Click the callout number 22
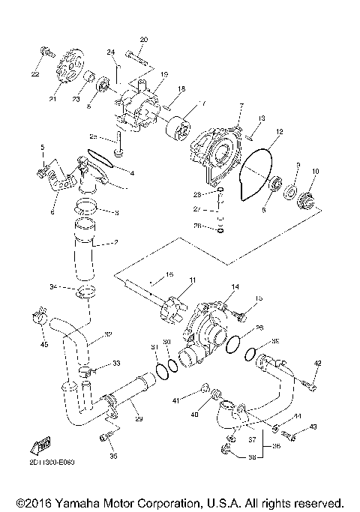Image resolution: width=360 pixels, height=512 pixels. (x=34, y=74)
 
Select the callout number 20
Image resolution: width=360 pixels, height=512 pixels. (x=144, y=38)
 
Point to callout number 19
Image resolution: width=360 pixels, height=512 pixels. (x=163, y=74)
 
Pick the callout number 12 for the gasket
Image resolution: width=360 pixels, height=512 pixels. (x=278, y=131)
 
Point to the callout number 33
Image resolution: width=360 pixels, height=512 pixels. (x=116, y=363)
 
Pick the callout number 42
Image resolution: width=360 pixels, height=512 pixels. (x=317, y=363)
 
